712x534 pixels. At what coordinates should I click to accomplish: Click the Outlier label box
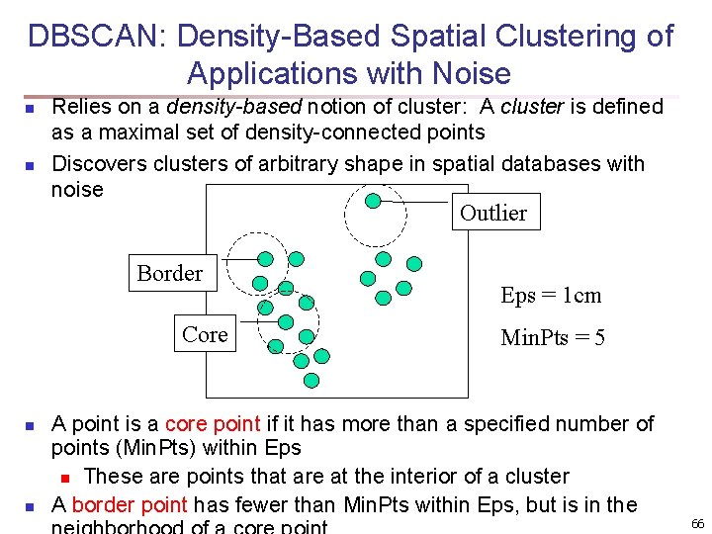click(x=493, y=213)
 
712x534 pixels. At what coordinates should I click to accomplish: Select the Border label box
click(x=170, y=274)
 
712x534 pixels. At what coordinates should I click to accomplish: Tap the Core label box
click(x=205, y=334)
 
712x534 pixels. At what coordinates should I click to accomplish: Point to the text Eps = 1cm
click(x=551, y=296)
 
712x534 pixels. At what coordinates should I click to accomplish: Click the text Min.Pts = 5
click(x=553, y=338)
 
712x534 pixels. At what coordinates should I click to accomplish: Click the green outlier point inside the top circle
click(x=373, y=202)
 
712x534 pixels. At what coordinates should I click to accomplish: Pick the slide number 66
click(x=697, y=523)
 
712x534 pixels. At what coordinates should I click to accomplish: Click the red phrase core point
click(x=212, y=424)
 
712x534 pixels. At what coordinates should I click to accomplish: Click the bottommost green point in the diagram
click(x=311, y=380)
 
